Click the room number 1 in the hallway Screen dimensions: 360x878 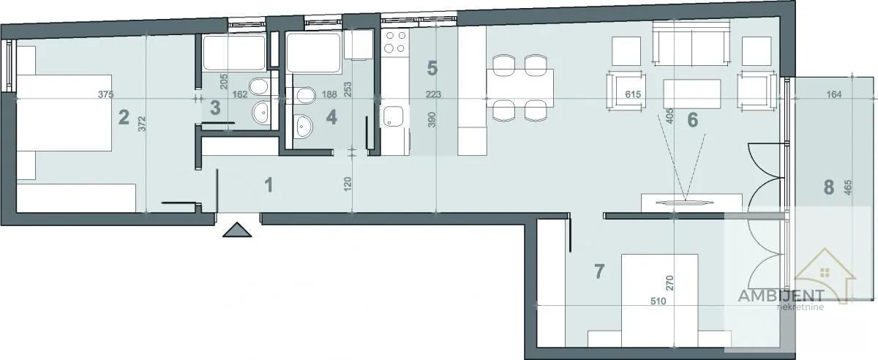(x=269, y=185)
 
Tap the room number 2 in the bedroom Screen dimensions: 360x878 (x=124, y=116)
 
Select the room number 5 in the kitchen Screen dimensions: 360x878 (x=432, y=68)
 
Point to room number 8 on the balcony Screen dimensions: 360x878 (x=828, y=187)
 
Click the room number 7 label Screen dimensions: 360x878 (x=599, y=271)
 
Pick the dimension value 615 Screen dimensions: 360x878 (x=634, y=94)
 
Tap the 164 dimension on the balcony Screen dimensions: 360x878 (x=833, y=94)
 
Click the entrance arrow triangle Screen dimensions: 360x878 (x=238, y=230)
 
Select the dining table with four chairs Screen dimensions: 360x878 (x=519, y=87)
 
